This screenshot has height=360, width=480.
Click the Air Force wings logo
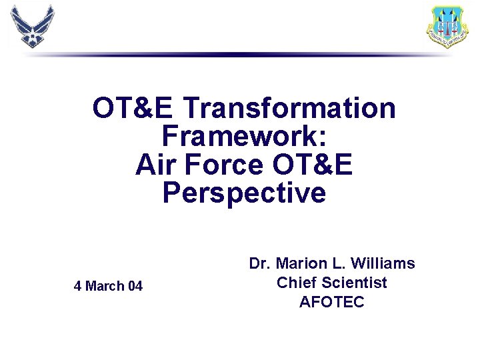32,26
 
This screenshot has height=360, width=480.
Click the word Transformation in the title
289,107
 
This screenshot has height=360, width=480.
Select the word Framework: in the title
244,136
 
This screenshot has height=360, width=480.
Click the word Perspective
244,193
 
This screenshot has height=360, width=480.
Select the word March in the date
105,287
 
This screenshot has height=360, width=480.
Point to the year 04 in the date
135,287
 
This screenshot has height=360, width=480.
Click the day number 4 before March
77,287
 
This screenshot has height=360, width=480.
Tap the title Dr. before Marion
260,264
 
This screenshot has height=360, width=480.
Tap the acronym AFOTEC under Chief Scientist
332,302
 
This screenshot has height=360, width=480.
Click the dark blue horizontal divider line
240,55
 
